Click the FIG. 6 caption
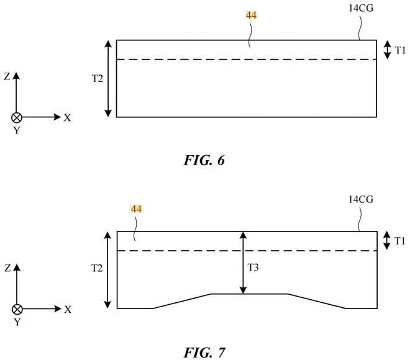[x=204, y=160]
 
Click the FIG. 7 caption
[x=204, y=353]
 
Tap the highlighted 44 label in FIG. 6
[x=252, y=16]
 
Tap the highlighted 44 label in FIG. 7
[x=136, y=209]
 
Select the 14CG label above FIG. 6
[x=361, y=8]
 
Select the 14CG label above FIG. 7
[x=361, y=200]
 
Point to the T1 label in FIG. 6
[x=400, y=50]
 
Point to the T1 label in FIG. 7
[x=400, y=241]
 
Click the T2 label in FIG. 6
[x=98, y=78]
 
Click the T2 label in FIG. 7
[x=97, y=268]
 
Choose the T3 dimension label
[x=253, y=268]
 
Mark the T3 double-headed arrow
[x=243, y=263]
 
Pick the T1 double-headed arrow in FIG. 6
[x=387, y=50]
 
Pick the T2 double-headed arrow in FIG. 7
[x=107, y=270]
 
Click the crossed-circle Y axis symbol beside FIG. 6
[x=17, y=117]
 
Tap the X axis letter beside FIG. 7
[x=68, y=310]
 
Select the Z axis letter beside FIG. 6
[x=7, y=76]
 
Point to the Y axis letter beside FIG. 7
[x=17, y=322]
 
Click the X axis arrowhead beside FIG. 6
[x=57, y=117]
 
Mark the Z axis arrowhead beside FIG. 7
[x=17, y=268]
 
